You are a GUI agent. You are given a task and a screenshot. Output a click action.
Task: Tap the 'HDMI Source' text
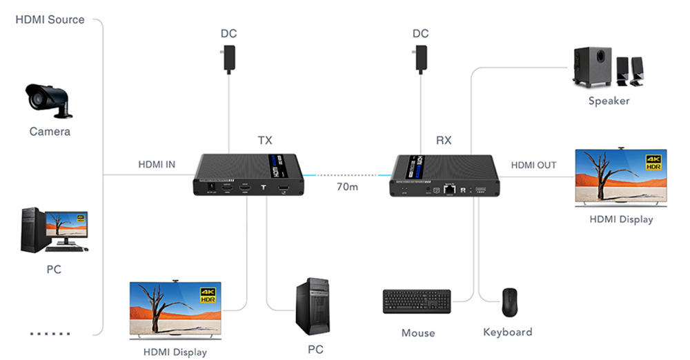[x=50, y=19]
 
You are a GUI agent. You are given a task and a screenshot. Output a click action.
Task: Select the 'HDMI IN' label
[x=157, y=164]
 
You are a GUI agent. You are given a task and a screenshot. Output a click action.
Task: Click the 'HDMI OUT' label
[x=533, y=165]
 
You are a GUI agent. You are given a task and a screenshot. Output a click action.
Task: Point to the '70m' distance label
[x=347, y=187]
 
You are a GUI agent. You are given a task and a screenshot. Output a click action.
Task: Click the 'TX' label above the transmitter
[x=265, y=141]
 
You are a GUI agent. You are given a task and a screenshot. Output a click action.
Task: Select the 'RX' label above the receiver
[x=444, y=141]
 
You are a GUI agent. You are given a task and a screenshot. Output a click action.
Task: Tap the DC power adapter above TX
[x=228, y=59]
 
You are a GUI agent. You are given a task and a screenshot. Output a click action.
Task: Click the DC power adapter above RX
[x=420, y=59]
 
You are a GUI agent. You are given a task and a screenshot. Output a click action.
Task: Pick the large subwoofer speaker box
[x=593, y=67]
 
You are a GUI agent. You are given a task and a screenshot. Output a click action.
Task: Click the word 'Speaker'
[x=609, y=101]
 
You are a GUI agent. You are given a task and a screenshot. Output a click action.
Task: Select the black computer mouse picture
[x=510, y=301]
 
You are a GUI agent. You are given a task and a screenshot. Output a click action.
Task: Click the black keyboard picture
[x=417, y=301]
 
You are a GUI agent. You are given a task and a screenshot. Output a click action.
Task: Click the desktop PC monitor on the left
[x=66, y=229]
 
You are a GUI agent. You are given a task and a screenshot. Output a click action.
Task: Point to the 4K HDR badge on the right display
[x=653, y=163]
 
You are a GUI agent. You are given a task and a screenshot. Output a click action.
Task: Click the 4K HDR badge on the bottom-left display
[x=207, y=295]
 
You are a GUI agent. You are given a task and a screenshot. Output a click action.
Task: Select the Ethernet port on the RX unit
[x=450, y=188]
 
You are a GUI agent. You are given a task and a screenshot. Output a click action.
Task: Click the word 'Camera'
[x=50, y=131]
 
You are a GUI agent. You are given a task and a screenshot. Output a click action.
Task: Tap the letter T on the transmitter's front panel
[x=264, y=188]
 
